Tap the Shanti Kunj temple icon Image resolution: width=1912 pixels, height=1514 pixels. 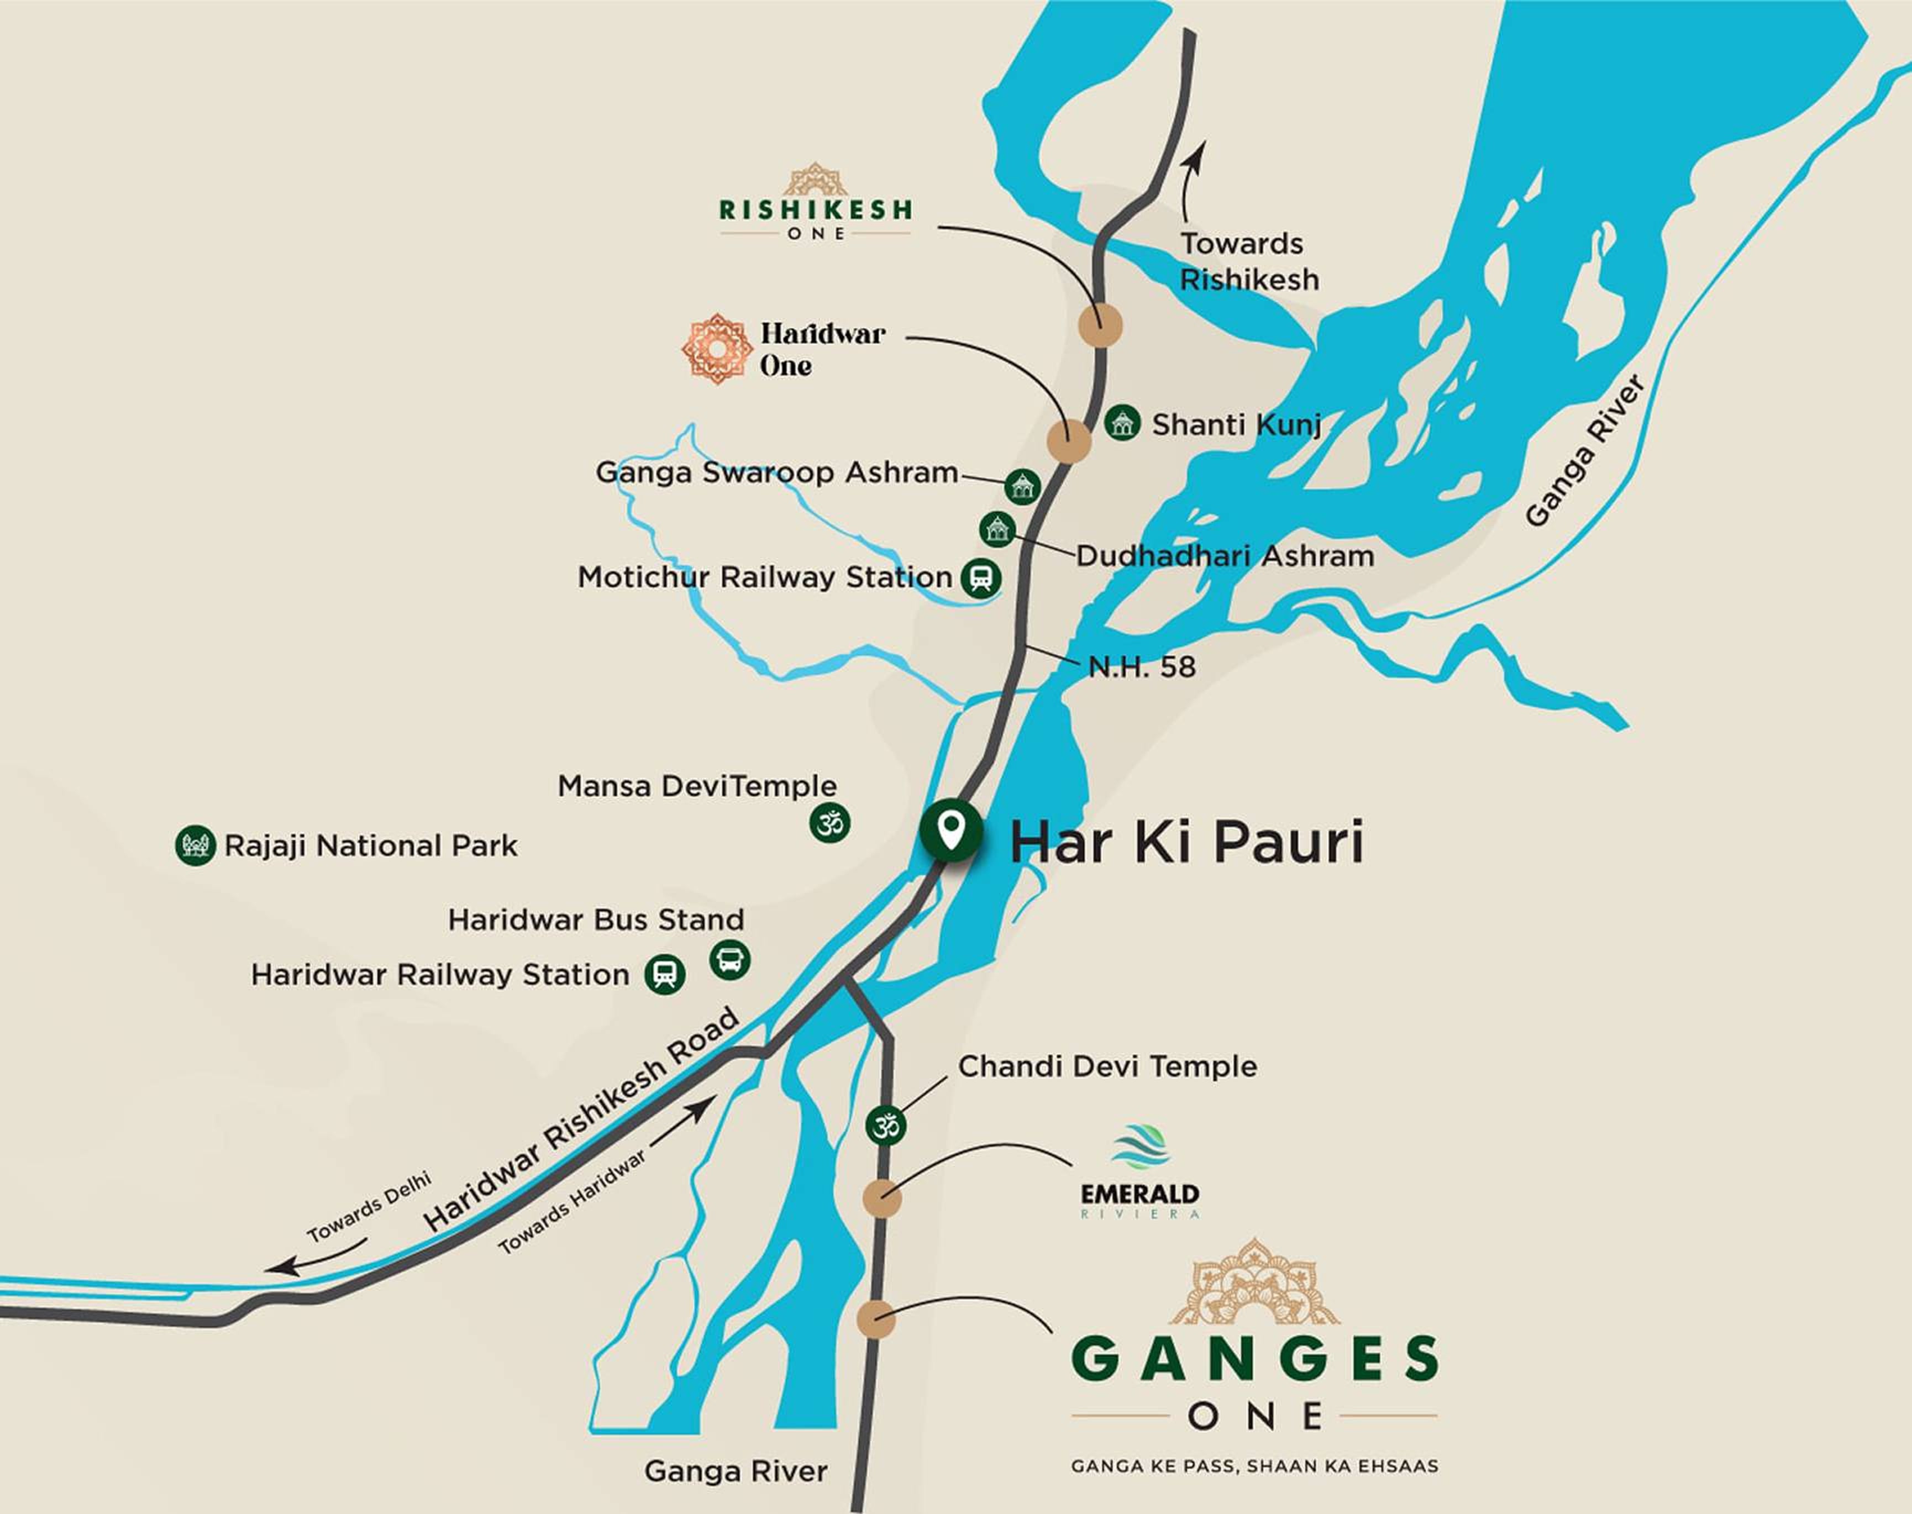click(1122, 422)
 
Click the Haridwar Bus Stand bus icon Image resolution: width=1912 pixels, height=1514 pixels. click(729, 959)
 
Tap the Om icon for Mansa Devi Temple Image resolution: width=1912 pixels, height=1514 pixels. click(829, 823)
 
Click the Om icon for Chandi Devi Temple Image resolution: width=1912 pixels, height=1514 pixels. click(885, 1126)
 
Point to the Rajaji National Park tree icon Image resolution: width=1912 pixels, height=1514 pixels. click(195, 845)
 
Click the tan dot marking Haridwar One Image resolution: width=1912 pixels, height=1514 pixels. click(1068, 440)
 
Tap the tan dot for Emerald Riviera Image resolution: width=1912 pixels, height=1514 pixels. click(882, 1198)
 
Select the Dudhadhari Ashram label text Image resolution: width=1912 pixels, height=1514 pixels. click(1224, 556)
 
